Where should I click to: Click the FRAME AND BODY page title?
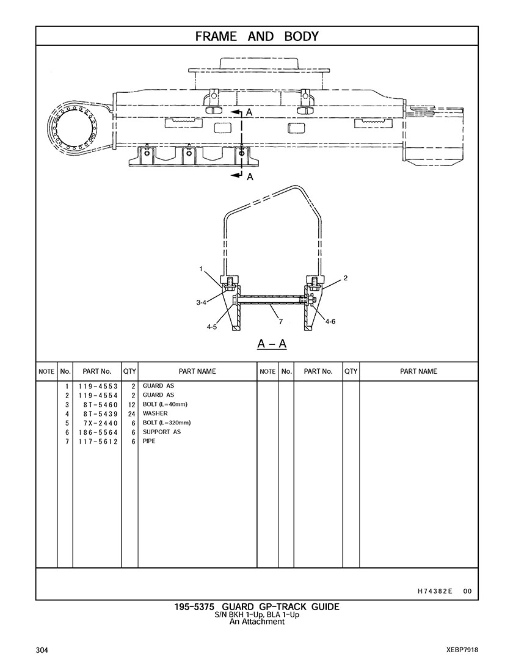(256, 36)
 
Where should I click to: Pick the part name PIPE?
(149, 441)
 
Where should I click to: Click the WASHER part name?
(155, 414)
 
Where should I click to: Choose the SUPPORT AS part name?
(161, 432)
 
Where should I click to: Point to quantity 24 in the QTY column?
(131, 414)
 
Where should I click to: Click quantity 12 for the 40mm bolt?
(131, 405)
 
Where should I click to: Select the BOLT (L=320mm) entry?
(167, 423)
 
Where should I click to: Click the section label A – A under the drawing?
(272, 344)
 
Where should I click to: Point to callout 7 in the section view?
(280, 321)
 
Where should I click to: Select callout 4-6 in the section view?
(330, 321)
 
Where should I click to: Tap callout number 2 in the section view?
(345, 278)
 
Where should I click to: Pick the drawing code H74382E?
(435, 591)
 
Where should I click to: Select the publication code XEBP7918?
(462, 649)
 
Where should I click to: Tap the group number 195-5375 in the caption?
(194, 606)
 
